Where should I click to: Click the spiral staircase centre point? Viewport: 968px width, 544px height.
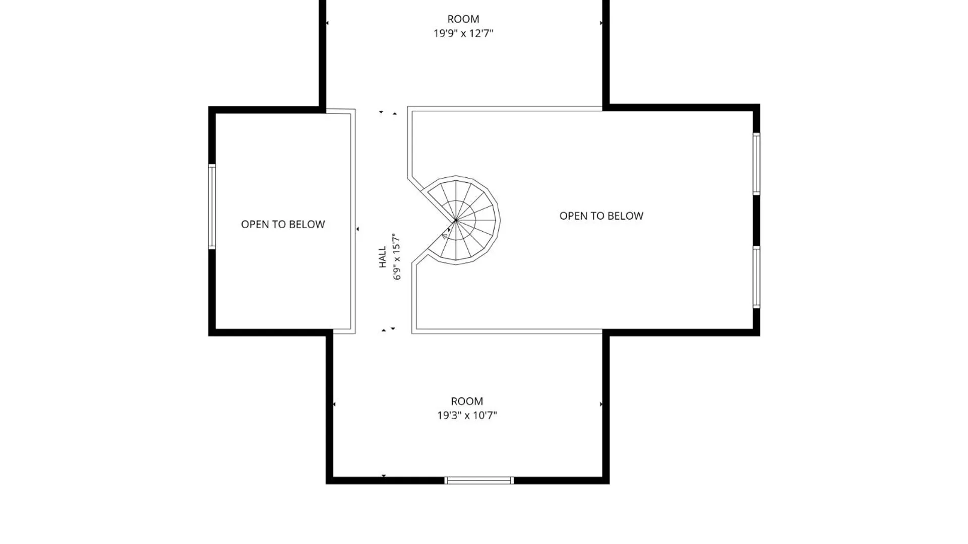point(456,220)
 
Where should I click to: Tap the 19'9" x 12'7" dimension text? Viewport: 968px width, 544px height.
point(463,33)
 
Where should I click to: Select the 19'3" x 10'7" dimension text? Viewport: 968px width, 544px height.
point(467,415)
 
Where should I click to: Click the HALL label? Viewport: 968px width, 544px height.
point(383,257)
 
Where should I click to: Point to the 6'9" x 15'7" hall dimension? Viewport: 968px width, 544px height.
point(397,256)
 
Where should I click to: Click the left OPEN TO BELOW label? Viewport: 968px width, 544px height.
point(283,224)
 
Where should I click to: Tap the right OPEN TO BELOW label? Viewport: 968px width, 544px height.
point(601,216)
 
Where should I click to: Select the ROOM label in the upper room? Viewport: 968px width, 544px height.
point(463,19)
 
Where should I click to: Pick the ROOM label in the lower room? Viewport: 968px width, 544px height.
point(467,401)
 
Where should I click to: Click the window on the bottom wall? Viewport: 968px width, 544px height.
point(479,481)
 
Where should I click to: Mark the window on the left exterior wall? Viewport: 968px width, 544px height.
point(212,207)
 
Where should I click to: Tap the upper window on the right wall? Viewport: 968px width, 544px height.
point(756,163)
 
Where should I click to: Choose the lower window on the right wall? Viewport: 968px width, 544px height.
point(756,277)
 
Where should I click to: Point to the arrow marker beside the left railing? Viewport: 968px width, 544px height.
point(357,229)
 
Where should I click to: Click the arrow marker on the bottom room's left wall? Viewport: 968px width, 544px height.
point(334,404)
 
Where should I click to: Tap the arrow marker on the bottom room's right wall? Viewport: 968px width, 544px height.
point(601,404)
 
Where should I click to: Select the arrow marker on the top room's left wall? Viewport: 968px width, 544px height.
point(327,23)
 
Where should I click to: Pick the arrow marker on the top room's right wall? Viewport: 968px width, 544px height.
point(601,23)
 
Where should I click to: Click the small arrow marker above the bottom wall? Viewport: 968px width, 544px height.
point(384,475)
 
